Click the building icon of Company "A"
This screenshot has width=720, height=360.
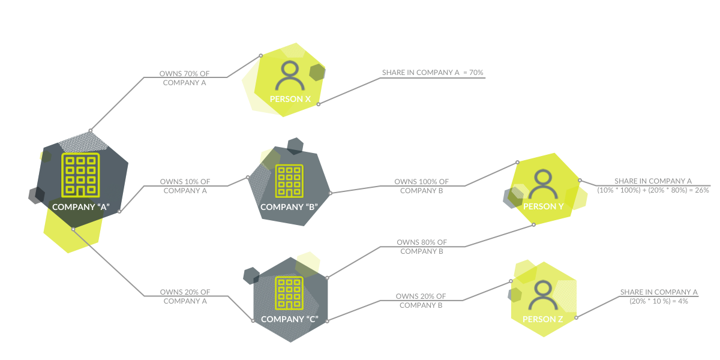point(80,175)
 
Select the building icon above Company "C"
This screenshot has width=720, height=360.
point(289,292)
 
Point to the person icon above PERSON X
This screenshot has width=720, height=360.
point(290,75)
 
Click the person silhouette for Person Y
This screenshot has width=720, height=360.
point(542,184)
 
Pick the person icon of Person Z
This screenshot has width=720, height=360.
point(542,295)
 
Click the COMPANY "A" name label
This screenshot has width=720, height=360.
point(80,207)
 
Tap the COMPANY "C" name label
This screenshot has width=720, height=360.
point(289,319)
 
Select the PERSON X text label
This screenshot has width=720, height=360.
point(290,98)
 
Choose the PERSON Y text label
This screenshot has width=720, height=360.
point(543,206)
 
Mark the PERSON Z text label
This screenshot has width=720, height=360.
point(542,319)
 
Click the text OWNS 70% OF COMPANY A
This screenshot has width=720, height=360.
point(185,78)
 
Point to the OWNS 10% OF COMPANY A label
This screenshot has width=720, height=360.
point(185,186)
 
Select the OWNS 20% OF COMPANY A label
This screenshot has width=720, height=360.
point(185,296)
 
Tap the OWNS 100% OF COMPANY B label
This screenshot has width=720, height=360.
point(421,186)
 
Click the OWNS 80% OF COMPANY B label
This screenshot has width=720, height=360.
point(421,247)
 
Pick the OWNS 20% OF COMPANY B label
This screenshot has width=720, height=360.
point(421,301)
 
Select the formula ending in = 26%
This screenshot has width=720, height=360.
point(653,185)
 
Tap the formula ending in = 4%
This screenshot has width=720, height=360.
point(659,296)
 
